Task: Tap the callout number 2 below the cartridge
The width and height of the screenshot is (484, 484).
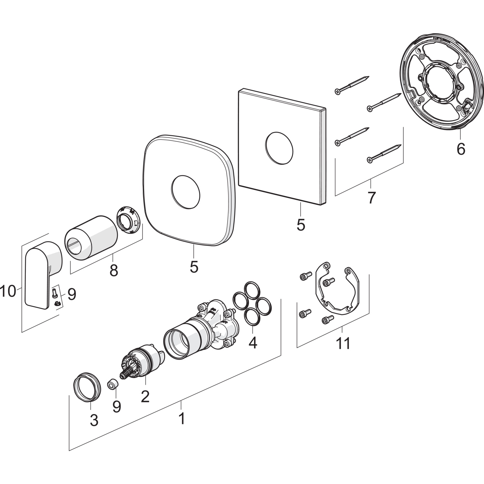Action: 145,396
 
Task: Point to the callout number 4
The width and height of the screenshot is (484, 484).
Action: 253,342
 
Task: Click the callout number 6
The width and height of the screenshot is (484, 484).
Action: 461,149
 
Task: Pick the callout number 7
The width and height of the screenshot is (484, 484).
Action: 371,197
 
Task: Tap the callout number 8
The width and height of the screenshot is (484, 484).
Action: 114,270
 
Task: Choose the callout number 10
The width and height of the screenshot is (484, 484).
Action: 8,292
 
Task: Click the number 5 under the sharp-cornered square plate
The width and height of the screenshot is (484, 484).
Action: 300,225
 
